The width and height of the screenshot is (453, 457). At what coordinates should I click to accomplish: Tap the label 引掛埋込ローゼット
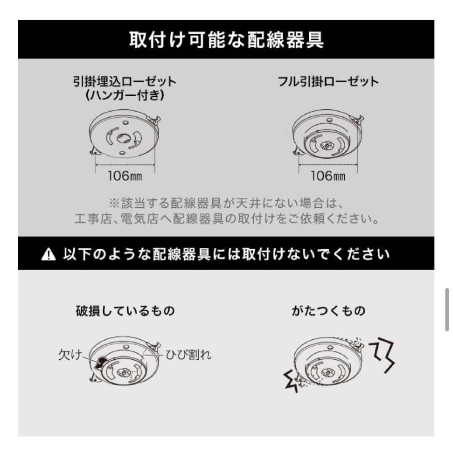click(x=124, y=81)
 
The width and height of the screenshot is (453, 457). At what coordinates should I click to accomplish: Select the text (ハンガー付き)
click(x=124, y=95)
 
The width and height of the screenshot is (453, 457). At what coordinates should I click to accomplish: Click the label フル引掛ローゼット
click(x=328, y=81)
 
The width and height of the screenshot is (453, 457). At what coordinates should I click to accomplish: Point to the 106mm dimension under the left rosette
click(x=124, y=176)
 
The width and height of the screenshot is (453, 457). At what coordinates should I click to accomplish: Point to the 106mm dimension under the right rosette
click(x=328, y=176)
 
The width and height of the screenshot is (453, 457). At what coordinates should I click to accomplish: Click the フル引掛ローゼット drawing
click(x=328, y=138)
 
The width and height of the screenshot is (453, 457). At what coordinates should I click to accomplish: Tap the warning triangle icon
click(x=49, y=255)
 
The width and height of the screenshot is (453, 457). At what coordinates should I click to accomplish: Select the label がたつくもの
click(x=328, y=311)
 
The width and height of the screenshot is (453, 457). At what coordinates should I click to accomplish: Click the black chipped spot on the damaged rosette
click(x=101, y=361)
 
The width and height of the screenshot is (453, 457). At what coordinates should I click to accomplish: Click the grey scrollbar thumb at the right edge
click(x=447, y=309)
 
